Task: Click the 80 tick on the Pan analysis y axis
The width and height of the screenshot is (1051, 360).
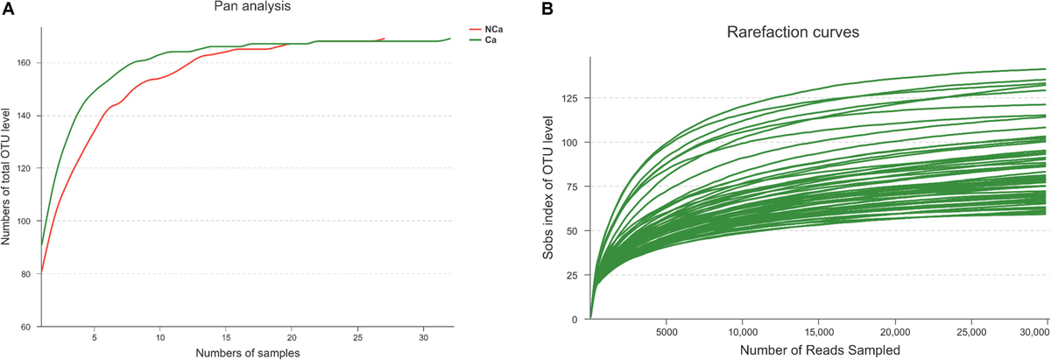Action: [x=25, y=274]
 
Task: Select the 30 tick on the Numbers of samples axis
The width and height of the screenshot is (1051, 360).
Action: [x=423, y=336]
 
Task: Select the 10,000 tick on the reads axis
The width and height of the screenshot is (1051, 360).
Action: [x=742, y=333]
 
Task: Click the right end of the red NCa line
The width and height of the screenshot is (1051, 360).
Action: [x=384, y=39]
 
